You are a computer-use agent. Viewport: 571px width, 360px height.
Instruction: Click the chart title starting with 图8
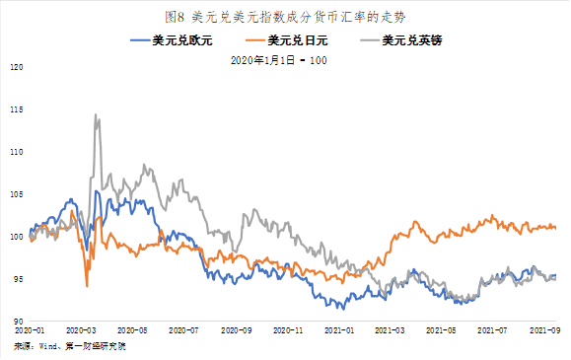(x=285, y=16)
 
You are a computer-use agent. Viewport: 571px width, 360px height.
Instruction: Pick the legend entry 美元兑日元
(x=300, y=39)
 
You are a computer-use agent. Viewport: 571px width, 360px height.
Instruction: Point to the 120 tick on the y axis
(x=16, y=68)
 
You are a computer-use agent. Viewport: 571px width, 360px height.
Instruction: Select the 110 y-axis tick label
(x=16, y=153)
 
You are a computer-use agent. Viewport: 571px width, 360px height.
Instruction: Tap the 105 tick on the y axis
(x=16, y=195)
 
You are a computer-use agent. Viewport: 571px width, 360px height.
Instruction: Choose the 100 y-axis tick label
(x=16, y=238)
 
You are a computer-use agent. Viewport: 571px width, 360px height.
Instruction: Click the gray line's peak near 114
(x=96, y=114)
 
